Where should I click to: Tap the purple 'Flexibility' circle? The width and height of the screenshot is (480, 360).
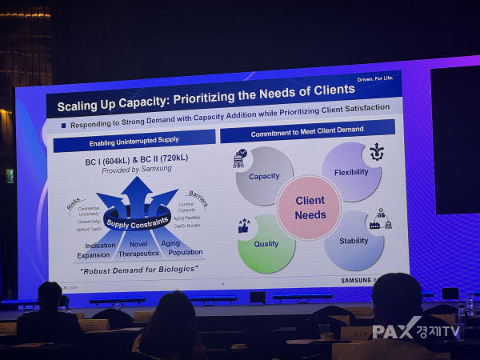[x=351, y=171]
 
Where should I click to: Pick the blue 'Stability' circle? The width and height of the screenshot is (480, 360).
[x=354, y=241]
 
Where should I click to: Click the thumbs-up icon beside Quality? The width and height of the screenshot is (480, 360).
[x=244, y=226]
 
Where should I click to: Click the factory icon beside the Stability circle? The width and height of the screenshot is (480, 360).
[x=379, y=220]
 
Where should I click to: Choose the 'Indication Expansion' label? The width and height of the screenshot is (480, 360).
[x=98, y=250]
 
